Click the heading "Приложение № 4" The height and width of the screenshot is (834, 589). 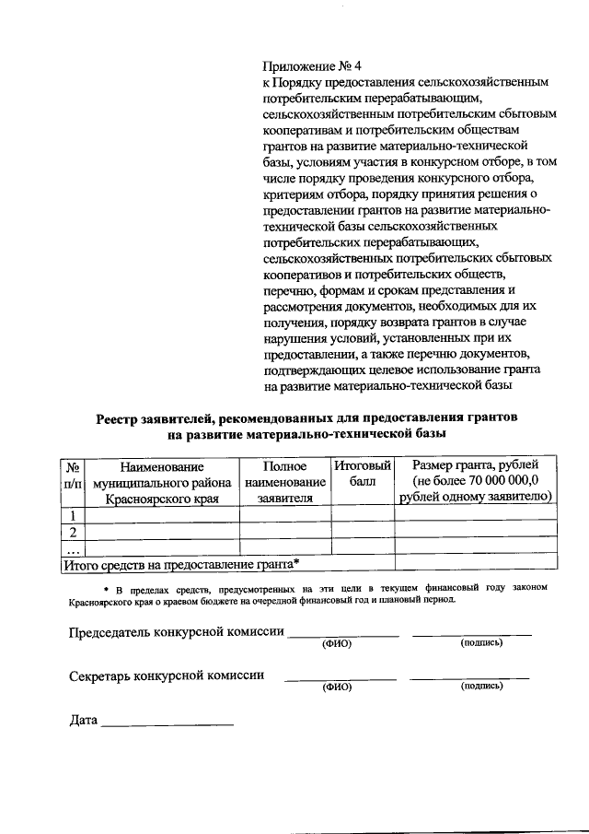tap(313, 66)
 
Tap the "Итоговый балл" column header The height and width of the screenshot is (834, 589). tap(363, 474)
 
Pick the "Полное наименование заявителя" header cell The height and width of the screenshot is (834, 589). tap(284, 481)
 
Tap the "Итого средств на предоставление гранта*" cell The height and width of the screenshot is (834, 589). tap(181, 562)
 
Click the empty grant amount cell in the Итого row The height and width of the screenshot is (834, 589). tap(476, 562)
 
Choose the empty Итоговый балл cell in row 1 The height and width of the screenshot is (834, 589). tap(363, 514)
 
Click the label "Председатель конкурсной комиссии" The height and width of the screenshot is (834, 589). tap(178, 632)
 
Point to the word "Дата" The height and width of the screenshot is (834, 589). tap(84, 719)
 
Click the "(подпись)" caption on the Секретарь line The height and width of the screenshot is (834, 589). tap(481, 686)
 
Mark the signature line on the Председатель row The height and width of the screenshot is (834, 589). tap(471, 635)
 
